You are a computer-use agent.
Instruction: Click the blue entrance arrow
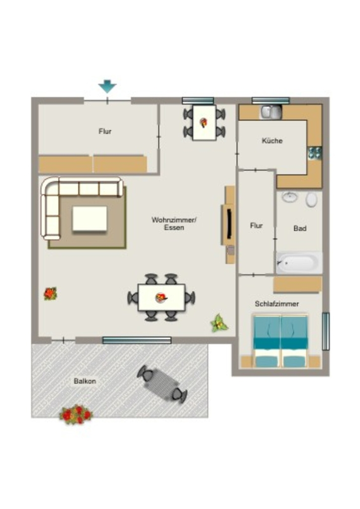107,86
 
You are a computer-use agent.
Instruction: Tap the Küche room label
272,141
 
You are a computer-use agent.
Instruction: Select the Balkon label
85,381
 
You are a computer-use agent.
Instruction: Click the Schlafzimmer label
277,304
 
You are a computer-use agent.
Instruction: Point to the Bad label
300,229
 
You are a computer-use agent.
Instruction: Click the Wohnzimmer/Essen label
174,224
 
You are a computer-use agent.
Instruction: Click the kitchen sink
270,112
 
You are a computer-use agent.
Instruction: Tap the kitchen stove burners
315,153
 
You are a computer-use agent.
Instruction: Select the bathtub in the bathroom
299,262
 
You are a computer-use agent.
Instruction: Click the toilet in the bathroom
311,199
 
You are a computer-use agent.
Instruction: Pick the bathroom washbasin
289,197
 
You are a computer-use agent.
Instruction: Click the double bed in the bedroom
280,341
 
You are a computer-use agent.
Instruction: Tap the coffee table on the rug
90,219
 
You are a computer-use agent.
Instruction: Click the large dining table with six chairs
162,298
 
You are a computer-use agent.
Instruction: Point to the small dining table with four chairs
204,123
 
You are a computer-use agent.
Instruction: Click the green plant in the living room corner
219,323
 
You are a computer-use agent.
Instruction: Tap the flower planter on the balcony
76,415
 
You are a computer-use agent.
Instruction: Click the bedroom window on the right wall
326,331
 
